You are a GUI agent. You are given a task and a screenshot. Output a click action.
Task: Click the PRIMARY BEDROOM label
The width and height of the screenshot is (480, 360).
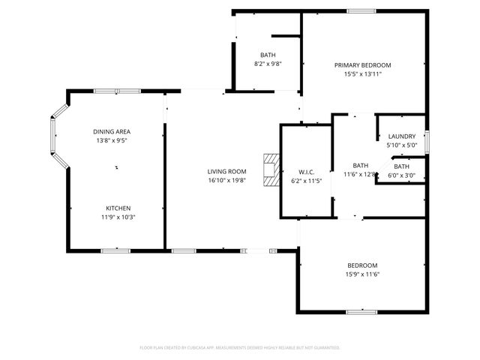pos(362,65)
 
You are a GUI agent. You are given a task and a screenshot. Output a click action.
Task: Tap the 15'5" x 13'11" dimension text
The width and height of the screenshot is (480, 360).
pos(362,74)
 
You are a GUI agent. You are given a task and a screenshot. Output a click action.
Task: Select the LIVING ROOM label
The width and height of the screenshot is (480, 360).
pos(226,171)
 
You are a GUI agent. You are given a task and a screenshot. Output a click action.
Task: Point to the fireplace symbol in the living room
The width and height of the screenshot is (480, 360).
pos(270,170)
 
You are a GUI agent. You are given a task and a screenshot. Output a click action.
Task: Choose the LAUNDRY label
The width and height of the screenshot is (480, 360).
pos(401,136)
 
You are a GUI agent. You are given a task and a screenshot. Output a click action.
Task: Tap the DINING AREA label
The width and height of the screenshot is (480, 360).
pos(111,131)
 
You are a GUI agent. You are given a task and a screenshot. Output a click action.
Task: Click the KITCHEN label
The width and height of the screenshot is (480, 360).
pos(118,208)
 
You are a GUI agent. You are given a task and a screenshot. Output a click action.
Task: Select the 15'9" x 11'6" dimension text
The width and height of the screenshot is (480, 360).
pos(362,274)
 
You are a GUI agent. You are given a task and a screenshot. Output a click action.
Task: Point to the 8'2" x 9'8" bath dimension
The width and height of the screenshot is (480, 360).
pos(268,64)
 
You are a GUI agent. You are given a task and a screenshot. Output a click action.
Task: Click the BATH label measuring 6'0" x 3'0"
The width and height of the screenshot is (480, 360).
pos(402,166)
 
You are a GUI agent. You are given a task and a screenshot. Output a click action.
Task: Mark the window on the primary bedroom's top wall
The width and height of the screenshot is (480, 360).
pos(361,10)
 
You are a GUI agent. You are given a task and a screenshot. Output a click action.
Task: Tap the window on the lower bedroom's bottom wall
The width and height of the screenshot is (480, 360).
pos(361,311)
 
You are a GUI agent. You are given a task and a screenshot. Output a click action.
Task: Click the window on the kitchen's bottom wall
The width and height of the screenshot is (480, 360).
pos(110,250)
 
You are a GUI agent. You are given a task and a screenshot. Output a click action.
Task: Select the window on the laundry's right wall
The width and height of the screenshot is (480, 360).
pos(426,141)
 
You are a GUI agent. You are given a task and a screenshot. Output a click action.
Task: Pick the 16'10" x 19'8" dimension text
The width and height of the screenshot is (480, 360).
pos(226,180)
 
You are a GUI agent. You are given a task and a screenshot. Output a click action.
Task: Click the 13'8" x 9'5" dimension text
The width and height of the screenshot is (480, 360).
pos(111,140)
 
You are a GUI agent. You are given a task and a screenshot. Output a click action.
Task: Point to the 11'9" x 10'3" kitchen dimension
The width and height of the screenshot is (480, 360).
pos(118,217)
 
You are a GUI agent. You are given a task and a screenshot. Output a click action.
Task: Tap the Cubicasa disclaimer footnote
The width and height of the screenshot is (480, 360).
pos(240,348)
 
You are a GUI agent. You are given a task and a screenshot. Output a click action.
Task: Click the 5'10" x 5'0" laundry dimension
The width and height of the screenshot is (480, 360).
pos(401,145)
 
